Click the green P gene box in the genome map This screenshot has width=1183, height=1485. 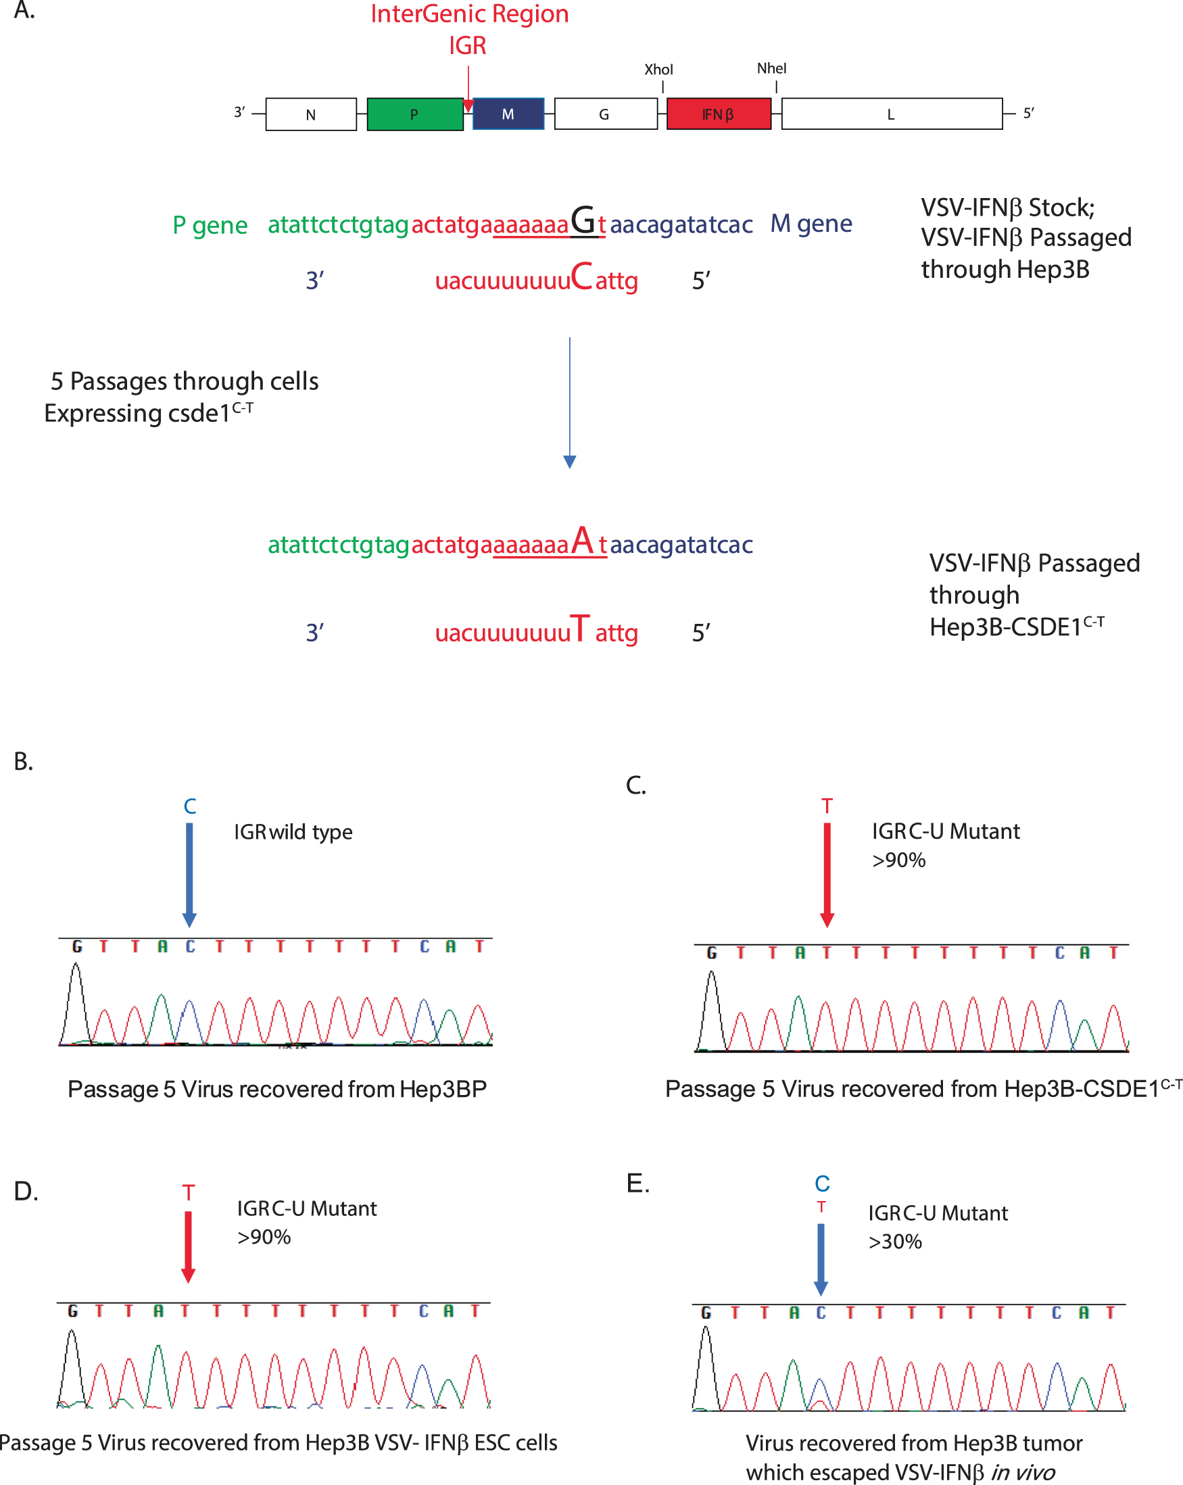(415, 114)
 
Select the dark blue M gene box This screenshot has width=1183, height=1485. (508, 114)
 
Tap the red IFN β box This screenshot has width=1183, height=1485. (718, 114)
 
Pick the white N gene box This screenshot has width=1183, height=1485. (311, 114)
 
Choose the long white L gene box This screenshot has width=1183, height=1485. (891, 114)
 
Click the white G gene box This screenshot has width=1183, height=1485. (605, 114)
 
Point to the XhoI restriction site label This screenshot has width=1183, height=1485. (658, 70)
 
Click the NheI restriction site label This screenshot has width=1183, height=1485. (772, 68)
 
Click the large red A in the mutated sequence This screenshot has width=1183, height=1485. (582, 541)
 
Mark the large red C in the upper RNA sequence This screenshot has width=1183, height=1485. (581, 277)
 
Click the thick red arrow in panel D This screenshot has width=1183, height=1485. (188, 1246)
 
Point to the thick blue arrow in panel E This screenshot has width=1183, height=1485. (821, 1258)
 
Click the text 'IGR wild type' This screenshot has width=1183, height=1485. (293, 832)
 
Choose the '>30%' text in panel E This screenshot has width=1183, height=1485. (895, 1242)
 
